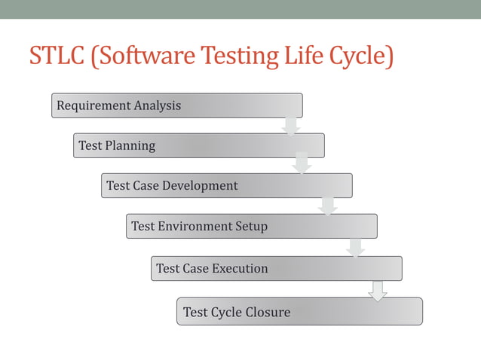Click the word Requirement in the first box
tap(93, 105)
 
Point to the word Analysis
tap(157, 105)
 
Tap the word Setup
tap(252, 226)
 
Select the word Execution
tap(239, 268)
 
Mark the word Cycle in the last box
tap(225, 312)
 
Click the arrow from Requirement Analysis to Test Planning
tap(291, 126)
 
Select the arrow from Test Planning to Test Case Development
tap(302, 163)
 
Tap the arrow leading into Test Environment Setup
tap(327, 205)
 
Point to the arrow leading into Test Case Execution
tap(355, 246)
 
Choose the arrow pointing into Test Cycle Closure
tap(378, 291)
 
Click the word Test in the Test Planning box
tap(90, 145)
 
